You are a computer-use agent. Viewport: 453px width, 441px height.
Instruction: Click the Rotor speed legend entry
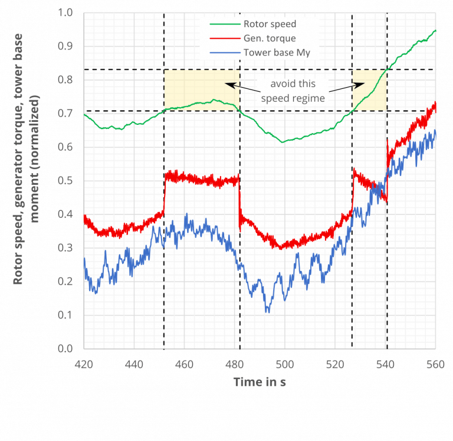point(269,24)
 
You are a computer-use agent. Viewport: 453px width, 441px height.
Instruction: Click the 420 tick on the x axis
point(84,364)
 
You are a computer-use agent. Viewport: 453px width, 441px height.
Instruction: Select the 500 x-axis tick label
point(284,364)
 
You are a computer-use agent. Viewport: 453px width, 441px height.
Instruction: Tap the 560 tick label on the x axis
point(435,364)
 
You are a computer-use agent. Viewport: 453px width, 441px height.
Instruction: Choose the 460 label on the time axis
point(184,364)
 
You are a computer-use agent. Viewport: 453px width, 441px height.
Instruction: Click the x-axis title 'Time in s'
point(260,382)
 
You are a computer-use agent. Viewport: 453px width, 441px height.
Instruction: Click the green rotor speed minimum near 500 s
point(283,142)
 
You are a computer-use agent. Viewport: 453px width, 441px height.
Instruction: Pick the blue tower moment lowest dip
point(268,312)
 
